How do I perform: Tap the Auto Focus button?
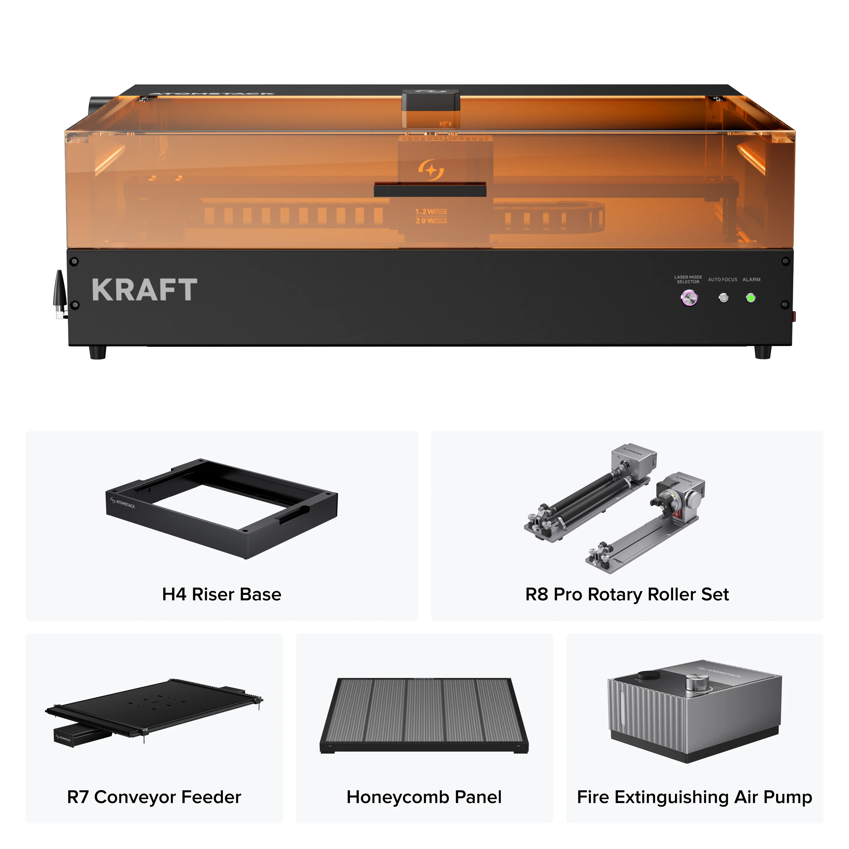(x=723, y=298)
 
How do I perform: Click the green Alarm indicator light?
(x=751, y=298)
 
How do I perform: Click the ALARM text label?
(x=751, y=279)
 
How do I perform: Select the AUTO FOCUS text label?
(x=722, y=279)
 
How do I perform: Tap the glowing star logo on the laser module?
(x=431, y=170)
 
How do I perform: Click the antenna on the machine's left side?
(x=59, y=292)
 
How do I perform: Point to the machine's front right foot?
(x=763, y=352)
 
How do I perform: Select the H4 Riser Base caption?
(x=222, y=595)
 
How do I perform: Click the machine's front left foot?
(x=98, y=352)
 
